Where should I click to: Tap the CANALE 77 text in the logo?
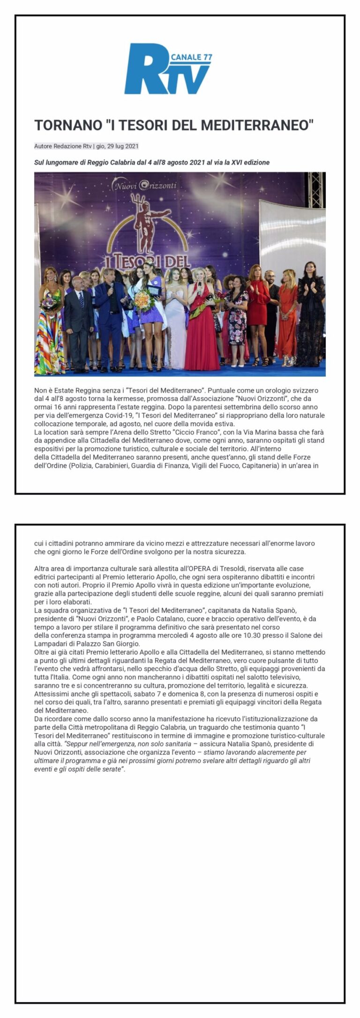pyautogui.click(x=192, y=57)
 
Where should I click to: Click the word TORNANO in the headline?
pyautogui.click(x=67, y=125)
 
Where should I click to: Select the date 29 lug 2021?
pyautogui.click(x=123, y=146)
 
